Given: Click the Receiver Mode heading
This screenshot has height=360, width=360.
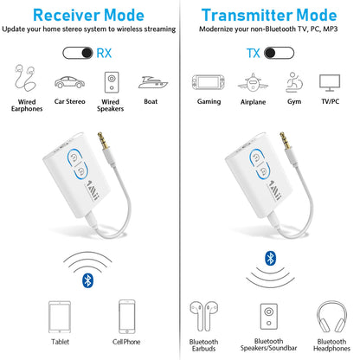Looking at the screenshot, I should pyautogui.click(x=90, y=15).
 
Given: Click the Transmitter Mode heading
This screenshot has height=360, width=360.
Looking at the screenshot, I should pyautogui.click(x=269, y=15).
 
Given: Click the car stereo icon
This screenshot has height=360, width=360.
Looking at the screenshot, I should pyautogui.click(x=69, y=83).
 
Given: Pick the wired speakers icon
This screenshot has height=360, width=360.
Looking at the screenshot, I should pyautogui.click(x=112, y=82).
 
